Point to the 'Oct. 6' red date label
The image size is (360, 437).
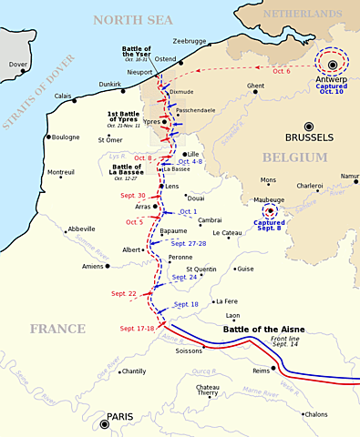(283, 72)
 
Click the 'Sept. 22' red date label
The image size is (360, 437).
(125, 294)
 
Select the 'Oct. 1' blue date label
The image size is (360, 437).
(188, 211)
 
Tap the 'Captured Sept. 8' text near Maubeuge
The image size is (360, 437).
(269, 227)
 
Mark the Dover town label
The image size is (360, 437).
(18, 65)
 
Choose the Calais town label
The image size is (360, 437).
(63, 97)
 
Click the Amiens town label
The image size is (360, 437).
(92, 266)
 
